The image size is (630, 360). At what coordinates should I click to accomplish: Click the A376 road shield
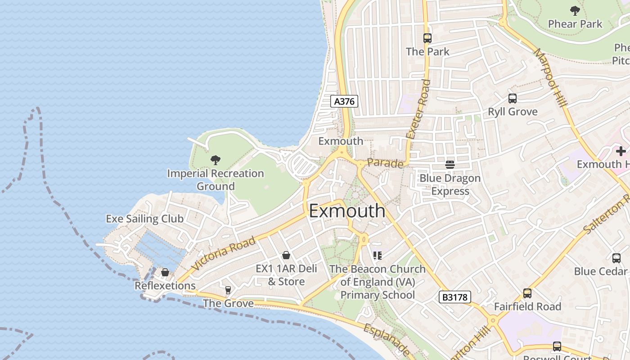tap(345, 101)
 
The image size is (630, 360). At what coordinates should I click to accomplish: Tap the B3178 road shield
tap(454, 297)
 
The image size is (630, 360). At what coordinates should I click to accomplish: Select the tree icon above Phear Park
tap(575, 10)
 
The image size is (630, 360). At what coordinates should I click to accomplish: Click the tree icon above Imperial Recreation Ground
tap(216, 160)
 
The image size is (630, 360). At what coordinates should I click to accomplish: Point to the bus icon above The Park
tap(427, 38)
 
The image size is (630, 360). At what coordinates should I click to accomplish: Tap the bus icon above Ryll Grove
tap(512, 99)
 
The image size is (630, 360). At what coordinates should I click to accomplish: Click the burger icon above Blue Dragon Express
tap(450, 165)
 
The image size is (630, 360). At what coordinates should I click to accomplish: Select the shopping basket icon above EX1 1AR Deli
tap(286, 256)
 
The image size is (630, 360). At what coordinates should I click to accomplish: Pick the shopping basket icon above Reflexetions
tap(165, 272)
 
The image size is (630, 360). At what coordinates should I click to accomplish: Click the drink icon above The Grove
tap(228, 290)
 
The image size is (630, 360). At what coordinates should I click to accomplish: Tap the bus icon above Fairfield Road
tap(527, 293)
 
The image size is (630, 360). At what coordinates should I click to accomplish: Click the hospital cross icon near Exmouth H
tap(621, 151)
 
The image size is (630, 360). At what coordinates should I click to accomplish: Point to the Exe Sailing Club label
tap(144, 219)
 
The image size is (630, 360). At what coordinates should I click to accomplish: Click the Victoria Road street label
tap(224, 253)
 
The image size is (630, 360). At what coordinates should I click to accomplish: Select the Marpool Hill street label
tap(550, 77)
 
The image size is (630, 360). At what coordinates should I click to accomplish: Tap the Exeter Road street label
tap(418, 109)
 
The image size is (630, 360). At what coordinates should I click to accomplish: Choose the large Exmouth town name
tap(347, 211)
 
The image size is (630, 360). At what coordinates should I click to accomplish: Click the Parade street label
tap(385, 163)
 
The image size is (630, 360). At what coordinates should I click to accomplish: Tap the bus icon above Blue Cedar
tap(616, 258)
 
